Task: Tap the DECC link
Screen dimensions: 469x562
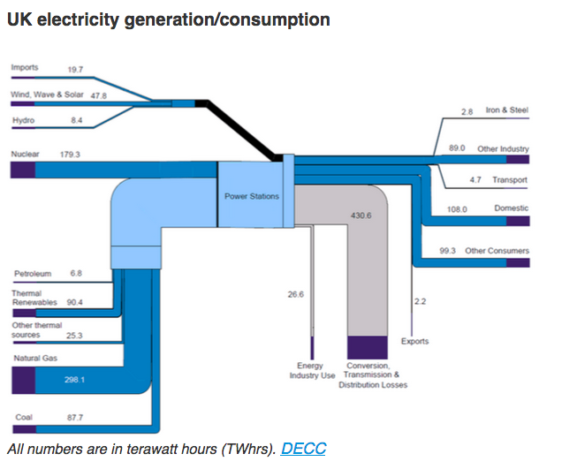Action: click(303, 449)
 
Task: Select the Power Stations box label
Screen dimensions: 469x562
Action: click(252, 196)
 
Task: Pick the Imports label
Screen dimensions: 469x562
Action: click(24, 67)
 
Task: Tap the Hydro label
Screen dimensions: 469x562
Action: click(23, 120)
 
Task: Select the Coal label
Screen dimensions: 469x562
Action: click(23, 417)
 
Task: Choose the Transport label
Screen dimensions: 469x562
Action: click(510, 180)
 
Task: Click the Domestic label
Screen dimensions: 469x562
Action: click(511, 208)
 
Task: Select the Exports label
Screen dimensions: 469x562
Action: click(415, 341)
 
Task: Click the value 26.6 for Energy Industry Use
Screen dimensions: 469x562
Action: click(295, 294)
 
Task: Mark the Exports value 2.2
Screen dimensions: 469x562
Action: click(421, 301)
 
